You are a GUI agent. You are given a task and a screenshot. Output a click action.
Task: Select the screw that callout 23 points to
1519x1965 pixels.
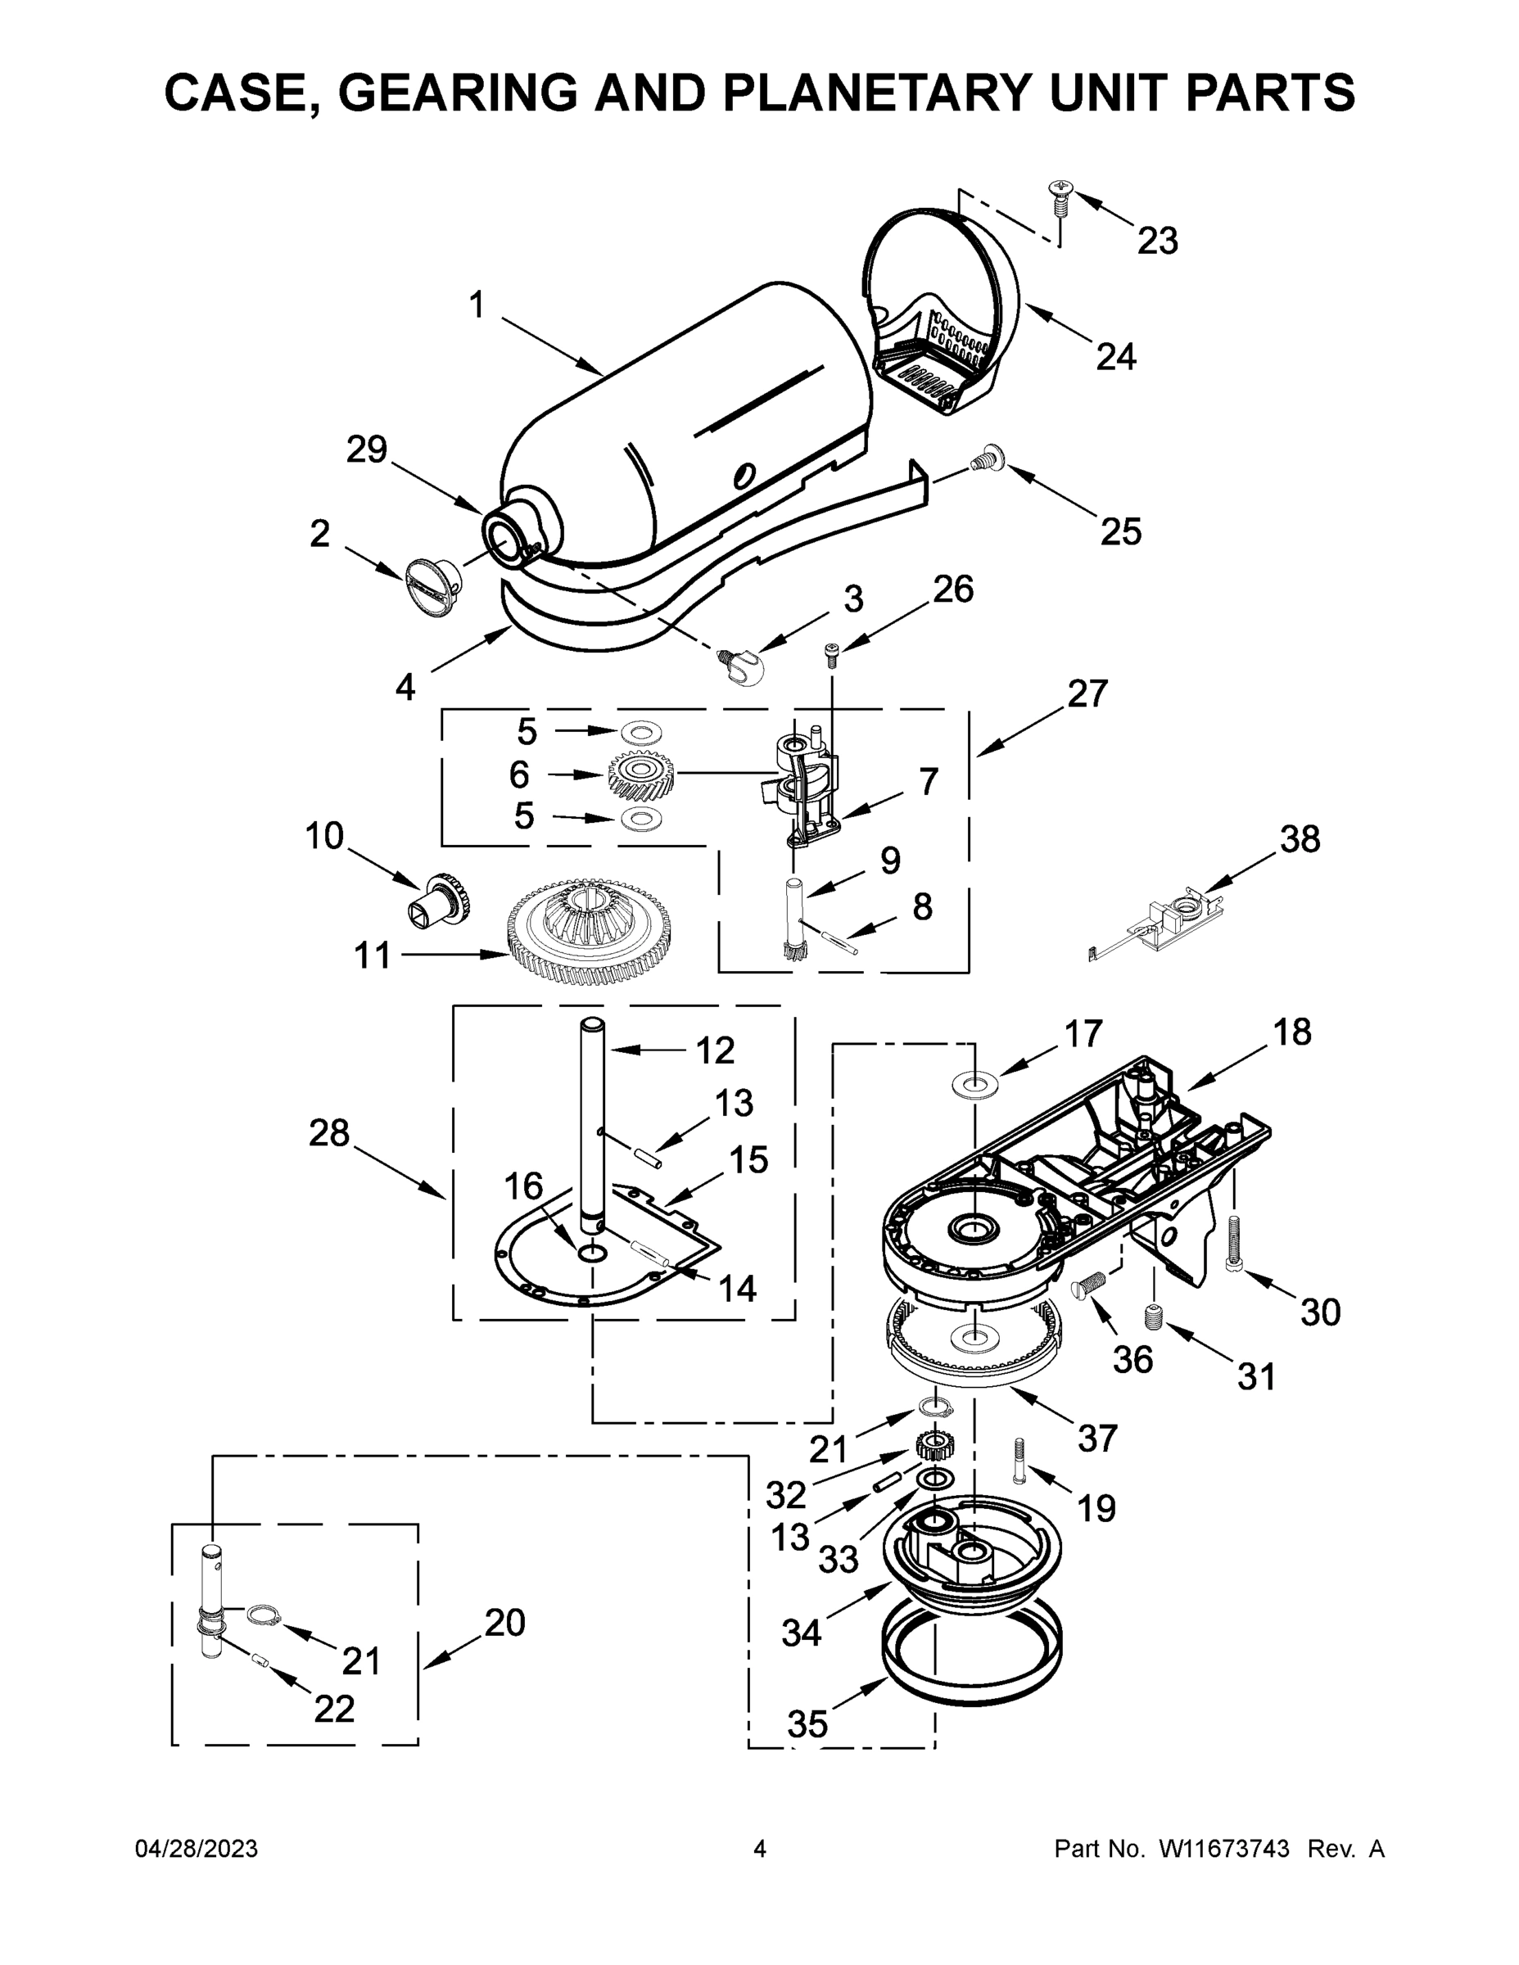pyautogui.click(x=1058, y=199)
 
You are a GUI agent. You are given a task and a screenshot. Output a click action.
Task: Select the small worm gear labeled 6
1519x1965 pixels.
pyautogui.click(x=640, y=773)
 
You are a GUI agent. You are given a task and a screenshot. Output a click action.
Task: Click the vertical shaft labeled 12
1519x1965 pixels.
pyautogui.click(x=592, y=1125)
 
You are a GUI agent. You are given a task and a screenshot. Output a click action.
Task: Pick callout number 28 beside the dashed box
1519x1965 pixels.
pyautogui.click(x=328, y=1133)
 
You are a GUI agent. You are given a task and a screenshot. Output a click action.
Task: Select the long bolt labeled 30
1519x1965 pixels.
pyautogui.click(x=1236, y=1244)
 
